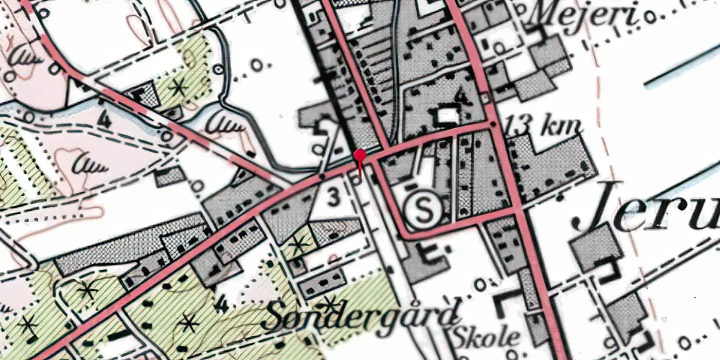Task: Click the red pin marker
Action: pos(360,156)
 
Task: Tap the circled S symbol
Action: pos(428,210)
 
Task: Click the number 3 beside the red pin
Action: pos(333,194)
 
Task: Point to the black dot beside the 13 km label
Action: pos(492,125)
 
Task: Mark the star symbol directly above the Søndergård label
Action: pos(328,300)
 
